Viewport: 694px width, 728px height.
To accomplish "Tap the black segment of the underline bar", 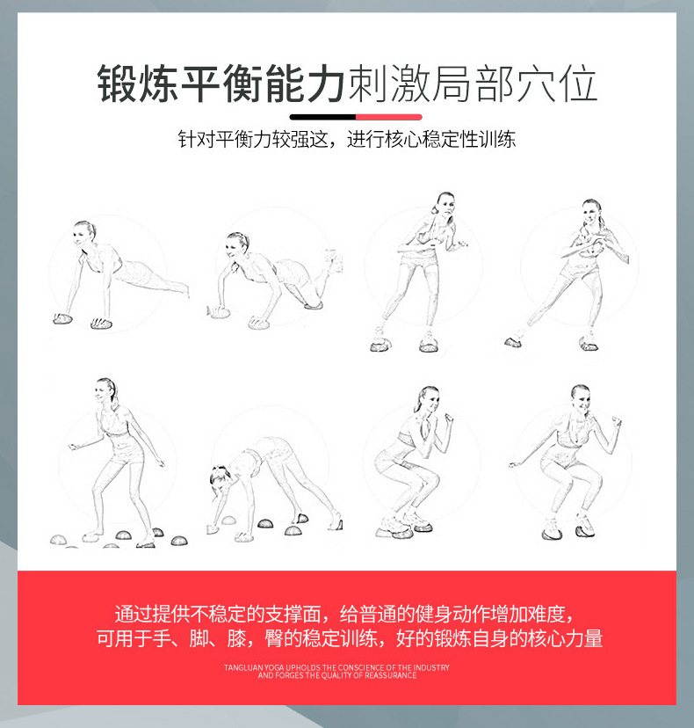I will point(322,116).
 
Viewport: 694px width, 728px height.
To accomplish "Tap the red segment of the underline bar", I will point(388,116).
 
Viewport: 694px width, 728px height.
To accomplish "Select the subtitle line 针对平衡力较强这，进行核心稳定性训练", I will point(346,140).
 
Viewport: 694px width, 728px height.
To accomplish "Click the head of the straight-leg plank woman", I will point(85,231).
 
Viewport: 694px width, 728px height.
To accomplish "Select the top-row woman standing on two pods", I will point(422,268).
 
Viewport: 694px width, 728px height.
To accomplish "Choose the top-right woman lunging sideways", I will point(575,273).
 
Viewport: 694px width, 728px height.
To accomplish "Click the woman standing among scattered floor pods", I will point(114,457).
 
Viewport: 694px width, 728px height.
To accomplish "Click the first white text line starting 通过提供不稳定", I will point(346,613).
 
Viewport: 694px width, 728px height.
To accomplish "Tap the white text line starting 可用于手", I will point(349,639).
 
